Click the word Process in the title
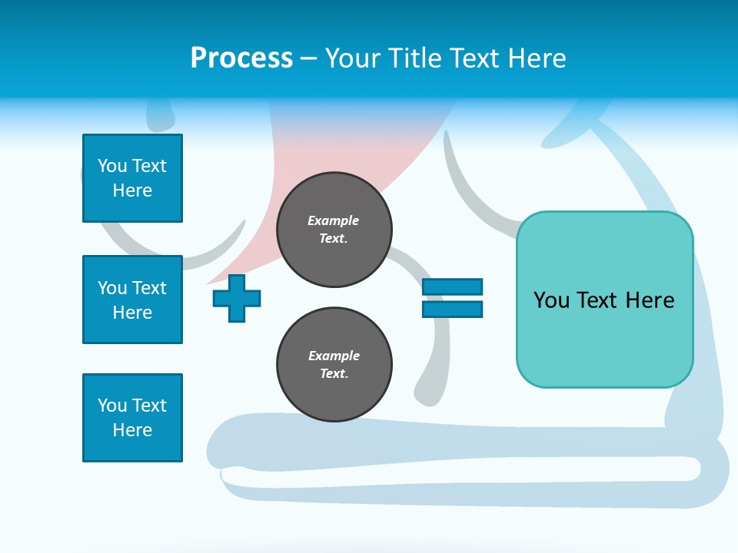pyautogui.click(x=241, y=58)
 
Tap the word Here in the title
pyautogui.click(x=536, y=58)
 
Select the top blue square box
pyautogui.click(x=132, y=178)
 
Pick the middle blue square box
pyautogui.click(x=132, y=300)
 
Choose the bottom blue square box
pyautogui.click(x=132, y=418)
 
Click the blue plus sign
pyautogui.click(x=237, y=298)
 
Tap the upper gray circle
pyautogui.click(x=334, y=230)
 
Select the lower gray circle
pyautogui.click(x=334, y=365)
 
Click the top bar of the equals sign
pyautogui.click(x=452, y=287)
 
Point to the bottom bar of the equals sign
pyautogui.click(x=452, y=309)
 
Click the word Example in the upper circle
pyautogui.click(x=333, y=220)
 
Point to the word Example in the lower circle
pyautogui.click(x=334, y=356)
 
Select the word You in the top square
pyautogui.click(x=111, y=166)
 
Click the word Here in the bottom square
pyautogui.click(x=132, y=430)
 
